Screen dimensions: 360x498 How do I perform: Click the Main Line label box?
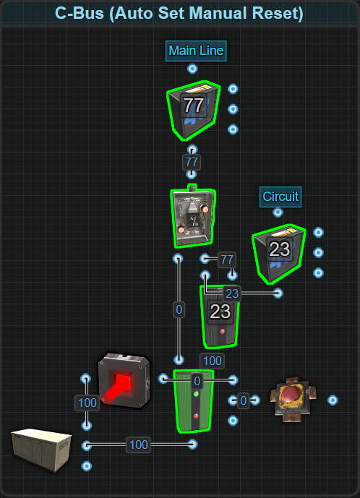pos(196,51)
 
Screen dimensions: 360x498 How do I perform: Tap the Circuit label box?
pos(280,197)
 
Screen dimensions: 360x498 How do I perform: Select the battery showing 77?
pos(194,111)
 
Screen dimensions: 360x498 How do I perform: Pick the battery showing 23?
pos(279,254)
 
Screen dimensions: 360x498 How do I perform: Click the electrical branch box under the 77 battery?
pos(193,216)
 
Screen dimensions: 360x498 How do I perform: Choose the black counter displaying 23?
pos(220,316)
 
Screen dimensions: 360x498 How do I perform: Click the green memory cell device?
pos(194,401)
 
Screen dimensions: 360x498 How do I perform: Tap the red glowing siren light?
pos(124,380)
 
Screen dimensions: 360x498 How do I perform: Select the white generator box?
pos(41,450)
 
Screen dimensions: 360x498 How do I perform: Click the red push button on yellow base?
pos(293,400)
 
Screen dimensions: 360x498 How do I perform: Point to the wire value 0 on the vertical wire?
pos(179,309)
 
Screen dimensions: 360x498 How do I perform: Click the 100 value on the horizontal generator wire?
pos(139,445)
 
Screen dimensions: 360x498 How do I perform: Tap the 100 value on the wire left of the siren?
pos(87,403)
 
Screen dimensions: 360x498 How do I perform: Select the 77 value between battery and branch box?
pos(192,162)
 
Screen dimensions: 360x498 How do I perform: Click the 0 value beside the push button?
pos(244,400)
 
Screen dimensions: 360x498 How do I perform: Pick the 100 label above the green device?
pos(213,361)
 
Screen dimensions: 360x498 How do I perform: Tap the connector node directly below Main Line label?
pos(192,69)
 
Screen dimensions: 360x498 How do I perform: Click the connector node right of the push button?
pos(333,400)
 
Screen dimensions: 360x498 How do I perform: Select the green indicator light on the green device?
pos(196,394)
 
